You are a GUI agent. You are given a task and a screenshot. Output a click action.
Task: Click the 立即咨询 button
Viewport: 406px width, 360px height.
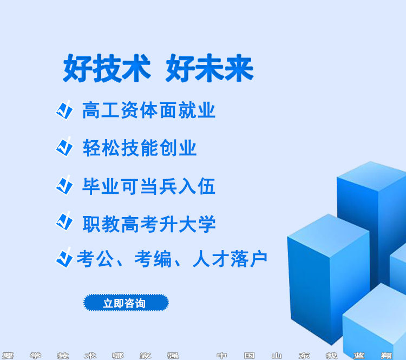[126, 303]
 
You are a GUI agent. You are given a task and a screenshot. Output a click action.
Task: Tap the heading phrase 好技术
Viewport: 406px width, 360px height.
[107, 68]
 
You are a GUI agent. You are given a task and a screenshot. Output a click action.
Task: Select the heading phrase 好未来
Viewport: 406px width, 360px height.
[209, 68]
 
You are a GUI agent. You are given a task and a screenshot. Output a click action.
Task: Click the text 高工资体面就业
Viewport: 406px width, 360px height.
[149, 110]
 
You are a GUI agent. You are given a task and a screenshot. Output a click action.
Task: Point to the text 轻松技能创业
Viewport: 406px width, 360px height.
[140, 148]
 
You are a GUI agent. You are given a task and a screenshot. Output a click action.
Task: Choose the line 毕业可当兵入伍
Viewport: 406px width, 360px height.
[149, 186]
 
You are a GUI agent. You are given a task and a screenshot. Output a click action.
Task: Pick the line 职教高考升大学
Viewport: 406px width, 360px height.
[149, 224]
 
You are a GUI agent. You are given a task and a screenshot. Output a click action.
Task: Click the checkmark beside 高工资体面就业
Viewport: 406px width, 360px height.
[64, 110]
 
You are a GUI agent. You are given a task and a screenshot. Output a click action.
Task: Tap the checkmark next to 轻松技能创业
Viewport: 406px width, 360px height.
[64, 147]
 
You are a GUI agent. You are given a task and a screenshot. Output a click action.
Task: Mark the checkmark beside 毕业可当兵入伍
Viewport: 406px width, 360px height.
[64, 185]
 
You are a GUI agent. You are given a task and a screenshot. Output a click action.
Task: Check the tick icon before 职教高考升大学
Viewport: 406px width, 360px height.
[64, 221]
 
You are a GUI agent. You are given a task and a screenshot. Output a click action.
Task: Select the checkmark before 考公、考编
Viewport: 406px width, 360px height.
[64, 258]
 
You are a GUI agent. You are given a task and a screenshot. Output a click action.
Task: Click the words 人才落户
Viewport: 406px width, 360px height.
[230, 259]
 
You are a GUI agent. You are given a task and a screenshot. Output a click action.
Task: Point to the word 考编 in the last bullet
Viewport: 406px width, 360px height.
[153, 259]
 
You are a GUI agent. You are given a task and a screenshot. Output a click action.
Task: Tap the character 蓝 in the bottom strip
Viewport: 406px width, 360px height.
[359, 356]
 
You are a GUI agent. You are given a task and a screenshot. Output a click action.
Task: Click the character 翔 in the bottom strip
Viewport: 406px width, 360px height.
[387, 356]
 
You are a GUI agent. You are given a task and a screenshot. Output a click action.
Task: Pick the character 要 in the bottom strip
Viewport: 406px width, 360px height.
[8, 356]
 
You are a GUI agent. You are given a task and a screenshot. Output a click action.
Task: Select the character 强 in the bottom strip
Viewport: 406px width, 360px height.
[173, 356]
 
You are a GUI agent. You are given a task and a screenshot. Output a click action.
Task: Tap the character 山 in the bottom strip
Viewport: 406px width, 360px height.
[277, 356]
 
